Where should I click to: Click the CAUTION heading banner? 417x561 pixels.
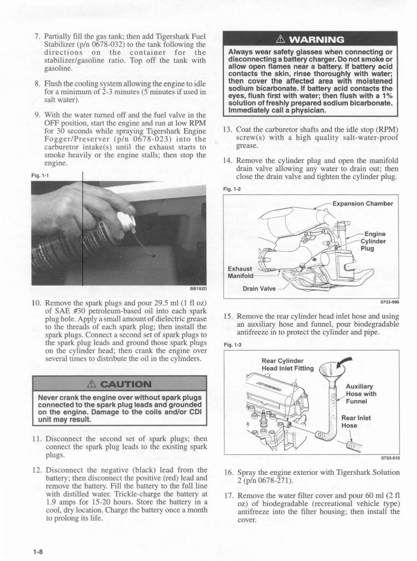click(x=119, y=384)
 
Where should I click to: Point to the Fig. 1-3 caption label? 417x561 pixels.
click(x=232, y=345)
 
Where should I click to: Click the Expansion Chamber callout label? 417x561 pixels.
click(x=362, y=204)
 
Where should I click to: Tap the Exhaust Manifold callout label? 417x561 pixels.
click(x=240, y=273)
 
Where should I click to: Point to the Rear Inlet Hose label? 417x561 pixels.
click(x=356, y=421)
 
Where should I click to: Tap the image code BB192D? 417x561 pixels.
click(x=197, y=288)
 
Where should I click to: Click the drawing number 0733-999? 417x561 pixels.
click(x=390, y=302)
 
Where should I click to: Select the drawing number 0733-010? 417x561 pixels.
click(x=390, y=458)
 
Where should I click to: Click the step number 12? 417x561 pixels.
click(x=36, y=470)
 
